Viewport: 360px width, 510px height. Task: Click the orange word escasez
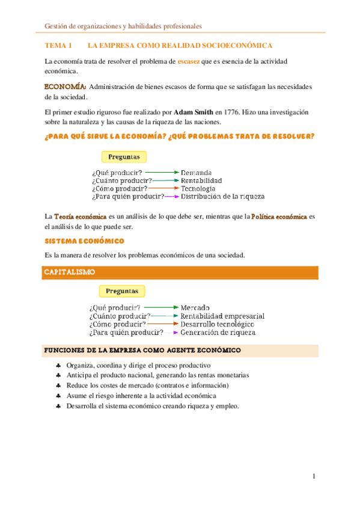189,61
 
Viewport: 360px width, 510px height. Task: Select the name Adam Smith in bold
191,112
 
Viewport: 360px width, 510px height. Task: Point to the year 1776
231,112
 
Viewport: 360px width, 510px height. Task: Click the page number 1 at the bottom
314,477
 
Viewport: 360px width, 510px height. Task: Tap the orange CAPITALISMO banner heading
70,272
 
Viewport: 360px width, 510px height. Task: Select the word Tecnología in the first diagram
198,188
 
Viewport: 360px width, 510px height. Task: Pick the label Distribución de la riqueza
222,196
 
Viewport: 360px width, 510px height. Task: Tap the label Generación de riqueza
218,332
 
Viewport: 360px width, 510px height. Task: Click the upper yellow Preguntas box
124,158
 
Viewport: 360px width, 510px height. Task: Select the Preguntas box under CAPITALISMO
122,292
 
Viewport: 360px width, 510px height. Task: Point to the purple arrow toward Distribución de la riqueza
172,196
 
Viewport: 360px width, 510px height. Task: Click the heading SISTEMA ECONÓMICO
85,241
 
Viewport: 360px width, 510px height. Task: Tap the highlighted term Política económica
279,216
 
